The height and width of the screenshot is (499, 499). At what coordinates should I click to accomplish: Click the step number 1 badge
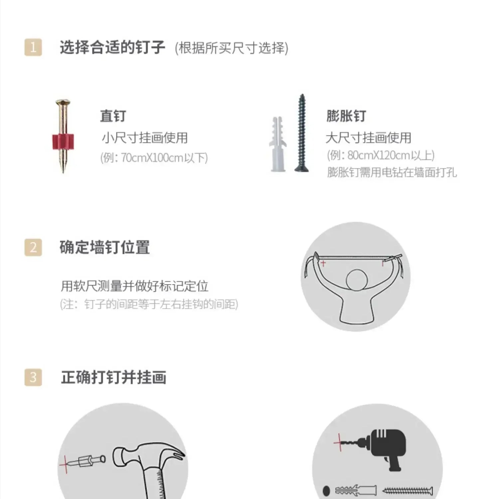tap(33, 47)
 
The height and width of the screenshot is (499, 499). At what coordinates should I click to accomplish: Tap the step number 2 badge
tap(33, 248)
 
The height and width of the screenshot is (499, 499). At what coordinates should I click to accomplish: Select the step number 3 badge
tap(33, 377)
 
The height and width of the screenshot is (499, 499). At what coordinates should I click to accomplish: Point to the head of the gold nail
tap(63, 102)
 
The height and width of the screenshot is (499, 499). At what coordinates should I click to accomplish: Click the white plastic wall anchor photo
tap(277, 144)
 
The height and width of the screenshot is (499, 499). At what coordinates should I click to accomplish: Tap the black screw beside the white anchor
tap(302, 133)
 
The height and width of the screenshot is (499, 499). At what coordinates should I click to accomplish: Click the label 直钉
tap(113, 116)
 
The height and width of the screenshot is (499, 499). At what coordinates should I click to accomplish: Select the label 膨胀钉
tap(346, 116)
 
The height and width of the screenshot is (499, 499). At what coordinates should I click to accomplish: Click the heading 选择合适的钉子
tap(112, 47)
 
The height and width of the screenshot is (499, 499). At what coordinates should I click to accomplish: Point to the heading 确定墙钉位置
tap(105, 248)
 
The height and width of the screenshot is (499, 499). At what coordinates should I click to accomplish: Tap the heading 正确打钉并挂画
tap(113, 377)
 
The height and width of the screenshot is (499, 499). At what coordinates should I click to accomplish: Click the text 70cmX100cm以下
tap(164, 157)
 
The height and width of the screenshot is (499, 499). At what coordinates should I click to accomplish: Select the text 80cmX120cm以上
tap(391, 155)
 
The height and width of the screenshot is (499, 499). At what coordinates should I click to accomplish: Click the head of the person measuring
tap(357, 280)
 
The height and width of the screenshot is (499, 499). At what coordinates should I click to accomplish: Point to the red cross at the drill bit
tap(339, 442)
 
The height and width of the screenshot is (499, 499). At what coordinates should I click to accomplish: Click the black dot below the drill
tap(326, 490)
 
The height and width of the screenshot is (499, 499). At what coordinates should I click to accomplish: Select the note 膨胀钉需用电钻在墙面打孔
tap(392, 172)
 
